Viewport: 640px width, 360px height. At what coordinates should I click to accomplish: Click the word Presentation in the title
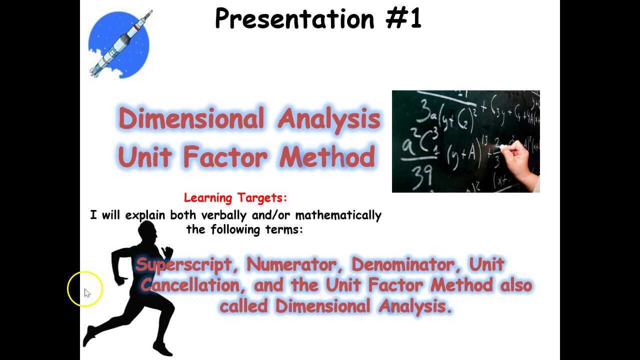pos(294,19)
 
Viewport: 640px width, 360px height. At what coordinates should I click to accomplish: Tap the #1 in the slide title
pos(403,19)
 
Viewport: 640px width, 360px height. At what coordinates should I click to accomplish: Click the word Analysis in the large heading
pos(329,119)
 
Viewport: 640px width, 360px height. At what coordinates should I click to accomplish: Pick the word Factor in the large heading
pos(225,156)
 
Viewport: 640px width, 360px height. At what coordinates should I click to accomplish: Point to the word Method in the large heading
pos(327,156)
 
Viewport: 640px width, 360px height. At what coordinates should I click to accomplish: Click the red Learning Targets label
pos(235,197)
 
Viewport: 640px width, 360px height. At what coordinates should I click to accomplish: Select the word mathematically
pos(338,215)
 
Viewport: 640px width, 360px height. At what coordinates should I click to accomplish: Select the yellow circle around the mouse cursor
pos(85,289)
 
